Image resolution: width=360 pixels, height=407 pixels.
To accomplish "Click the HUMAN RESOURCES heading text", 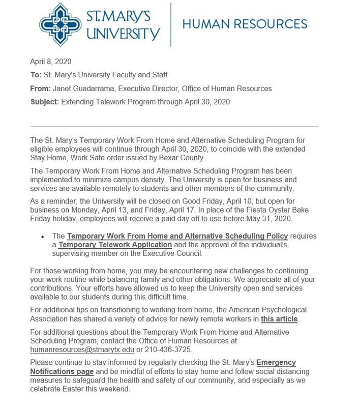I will (244, 23).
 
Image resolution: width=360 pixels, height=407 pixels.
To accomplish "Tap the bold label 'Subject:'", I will (44, 102).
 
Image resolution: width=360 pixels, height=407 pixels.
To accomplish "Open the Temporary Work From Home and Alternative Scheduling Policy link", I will (177, 236).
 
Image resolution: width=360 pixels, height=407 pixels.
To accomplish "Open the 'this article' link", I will (279, 319).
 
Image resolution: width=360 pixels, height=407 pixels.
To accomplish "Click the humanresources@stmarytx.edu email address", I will (82, 350).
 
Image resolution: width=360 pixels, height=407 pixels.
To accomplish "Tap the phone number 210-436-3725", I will (169, 350).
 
